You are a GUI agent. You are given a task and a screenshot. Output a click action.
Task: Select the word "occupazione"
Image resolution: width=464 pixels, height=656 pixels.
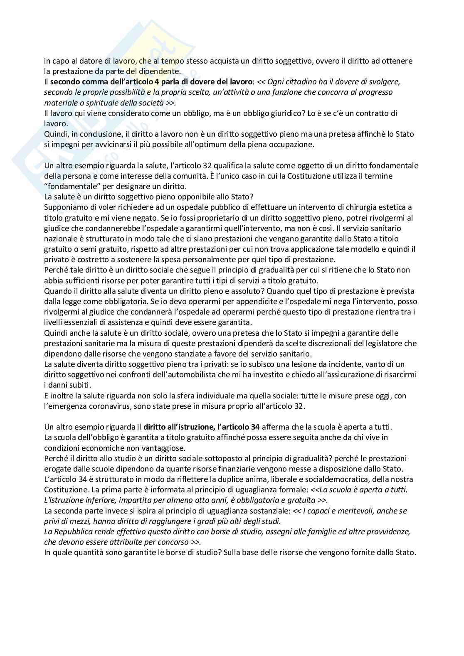[295, 145]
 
